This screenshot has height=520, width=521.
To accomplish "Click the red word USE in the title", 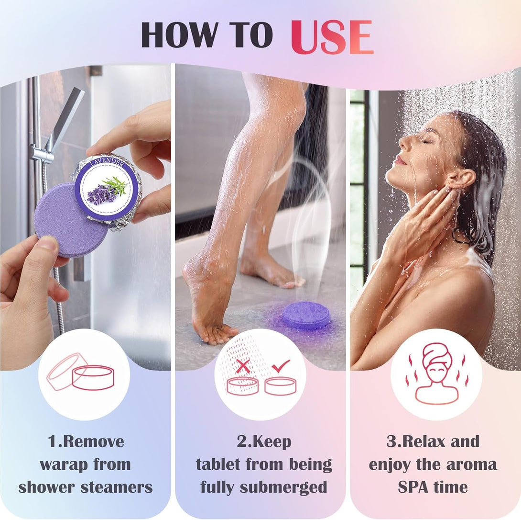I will [332, 37].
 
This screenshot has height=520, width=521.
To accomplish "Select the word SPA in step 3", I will [413, 487].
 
